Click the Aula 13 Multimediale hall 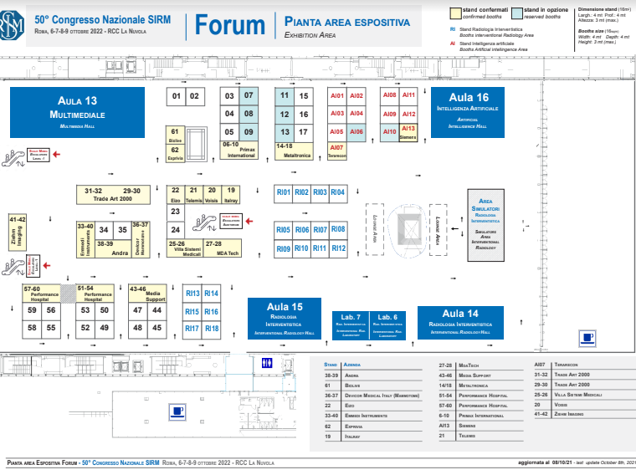pos(77,112)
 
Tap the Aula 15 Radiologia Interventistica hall pos(285,318)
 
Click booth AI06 pos(356,131)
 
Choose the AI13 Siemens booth pos(408,131)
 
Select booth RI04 pos(338,192)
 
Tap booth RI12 pos(338,248)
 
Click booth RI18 pos(211,329)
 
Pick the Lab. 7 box pos(351,323)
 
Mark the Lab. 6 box pos(388,323)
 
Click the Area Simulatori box pos(485,221)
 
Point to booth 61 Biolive pos(175,136)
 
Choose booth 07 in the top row pos(248,95)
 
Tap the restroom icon pos(267,363)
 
